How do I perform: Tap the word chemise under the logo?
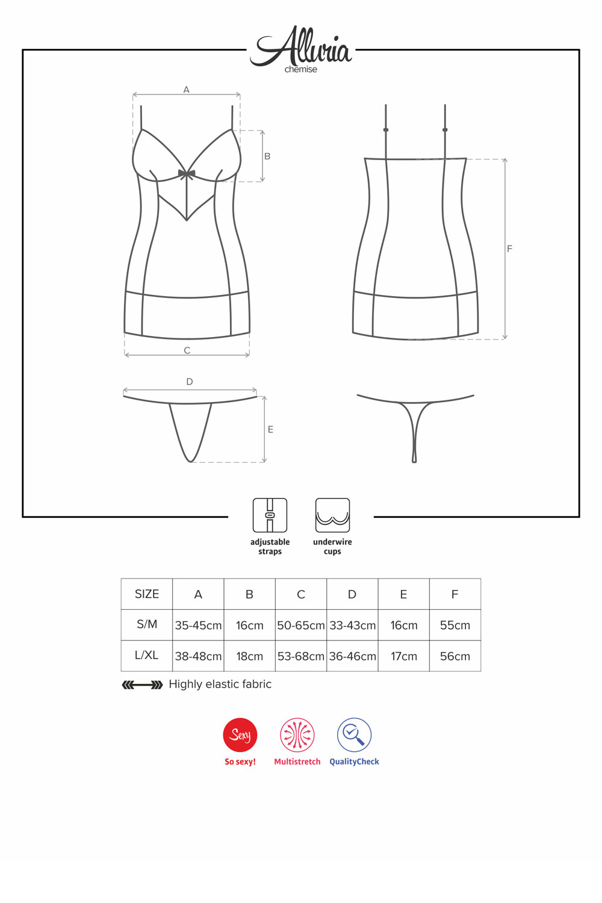[301, 69]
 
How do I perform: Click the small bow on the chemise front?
[187, 174]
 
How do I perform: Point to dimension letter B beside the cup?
[267, 157]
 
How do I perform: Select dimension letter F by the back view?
[510, 249]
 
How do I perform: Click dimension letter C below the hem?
[187, 351]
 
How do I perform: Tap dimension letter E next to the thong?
[270, 430]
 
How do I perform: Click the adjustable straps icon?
[270, 515]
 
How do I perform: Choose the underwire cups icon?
[333, 515]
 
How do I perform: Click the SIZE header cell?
[147, 594]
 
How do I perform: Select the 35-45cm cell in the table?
[199, 625]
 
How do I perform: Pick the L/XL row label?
[147, 656]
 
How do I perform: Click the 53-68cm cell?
[301, 656]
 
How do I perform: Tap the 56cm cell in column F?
[455, 656]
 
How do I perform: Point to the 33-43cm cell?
[352, 625]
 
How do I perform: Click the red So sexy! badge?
[240, 735]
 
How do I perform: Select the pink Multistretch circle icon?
[297, 735]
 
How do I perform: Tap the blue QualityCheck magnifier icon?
[354, 735]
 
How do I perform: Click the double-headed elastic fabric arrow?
[142, 684]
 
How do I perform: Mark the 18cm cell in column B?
[250, 656]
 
